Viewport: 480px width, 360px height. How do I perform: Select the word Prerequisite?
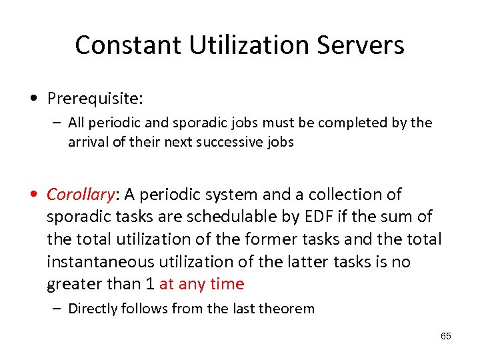95,99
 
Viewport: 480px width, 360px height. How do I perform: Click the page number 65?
446,336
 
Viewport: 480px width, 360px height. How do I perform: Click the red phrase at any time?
202,284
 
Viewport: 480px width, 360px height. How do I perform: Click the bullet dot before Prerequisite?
33,99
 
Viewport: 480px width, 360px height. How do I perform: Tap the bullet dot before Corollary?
33,195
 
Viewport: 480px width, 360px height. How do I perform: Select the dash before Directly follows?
58,308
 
